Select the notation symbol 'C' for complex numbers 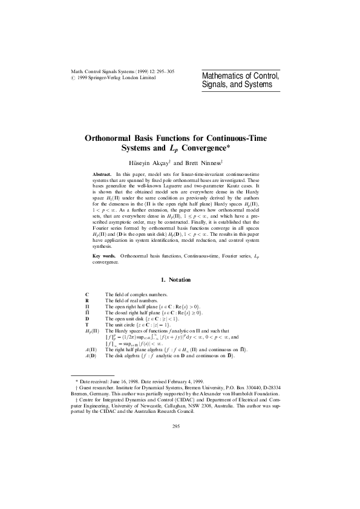pos(87,294)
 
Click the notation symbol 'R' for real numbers pos(87,300)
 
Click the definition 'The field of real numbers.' pos(131,300)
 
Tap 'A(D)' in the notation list pos(91,355)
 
